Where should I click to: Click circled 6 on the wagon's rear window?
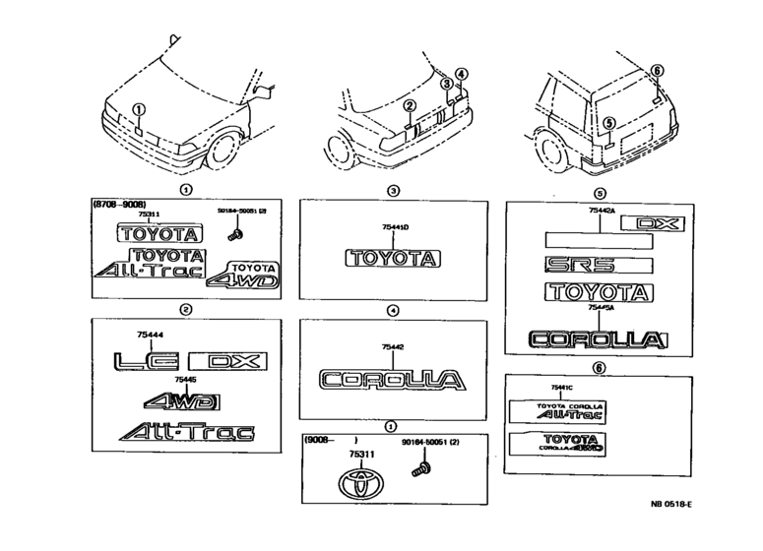click(658, 71)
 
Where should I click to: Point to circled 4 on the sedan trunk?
click(461, 74)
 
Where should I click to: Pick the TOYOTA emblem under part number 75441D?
click(391, 259)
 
